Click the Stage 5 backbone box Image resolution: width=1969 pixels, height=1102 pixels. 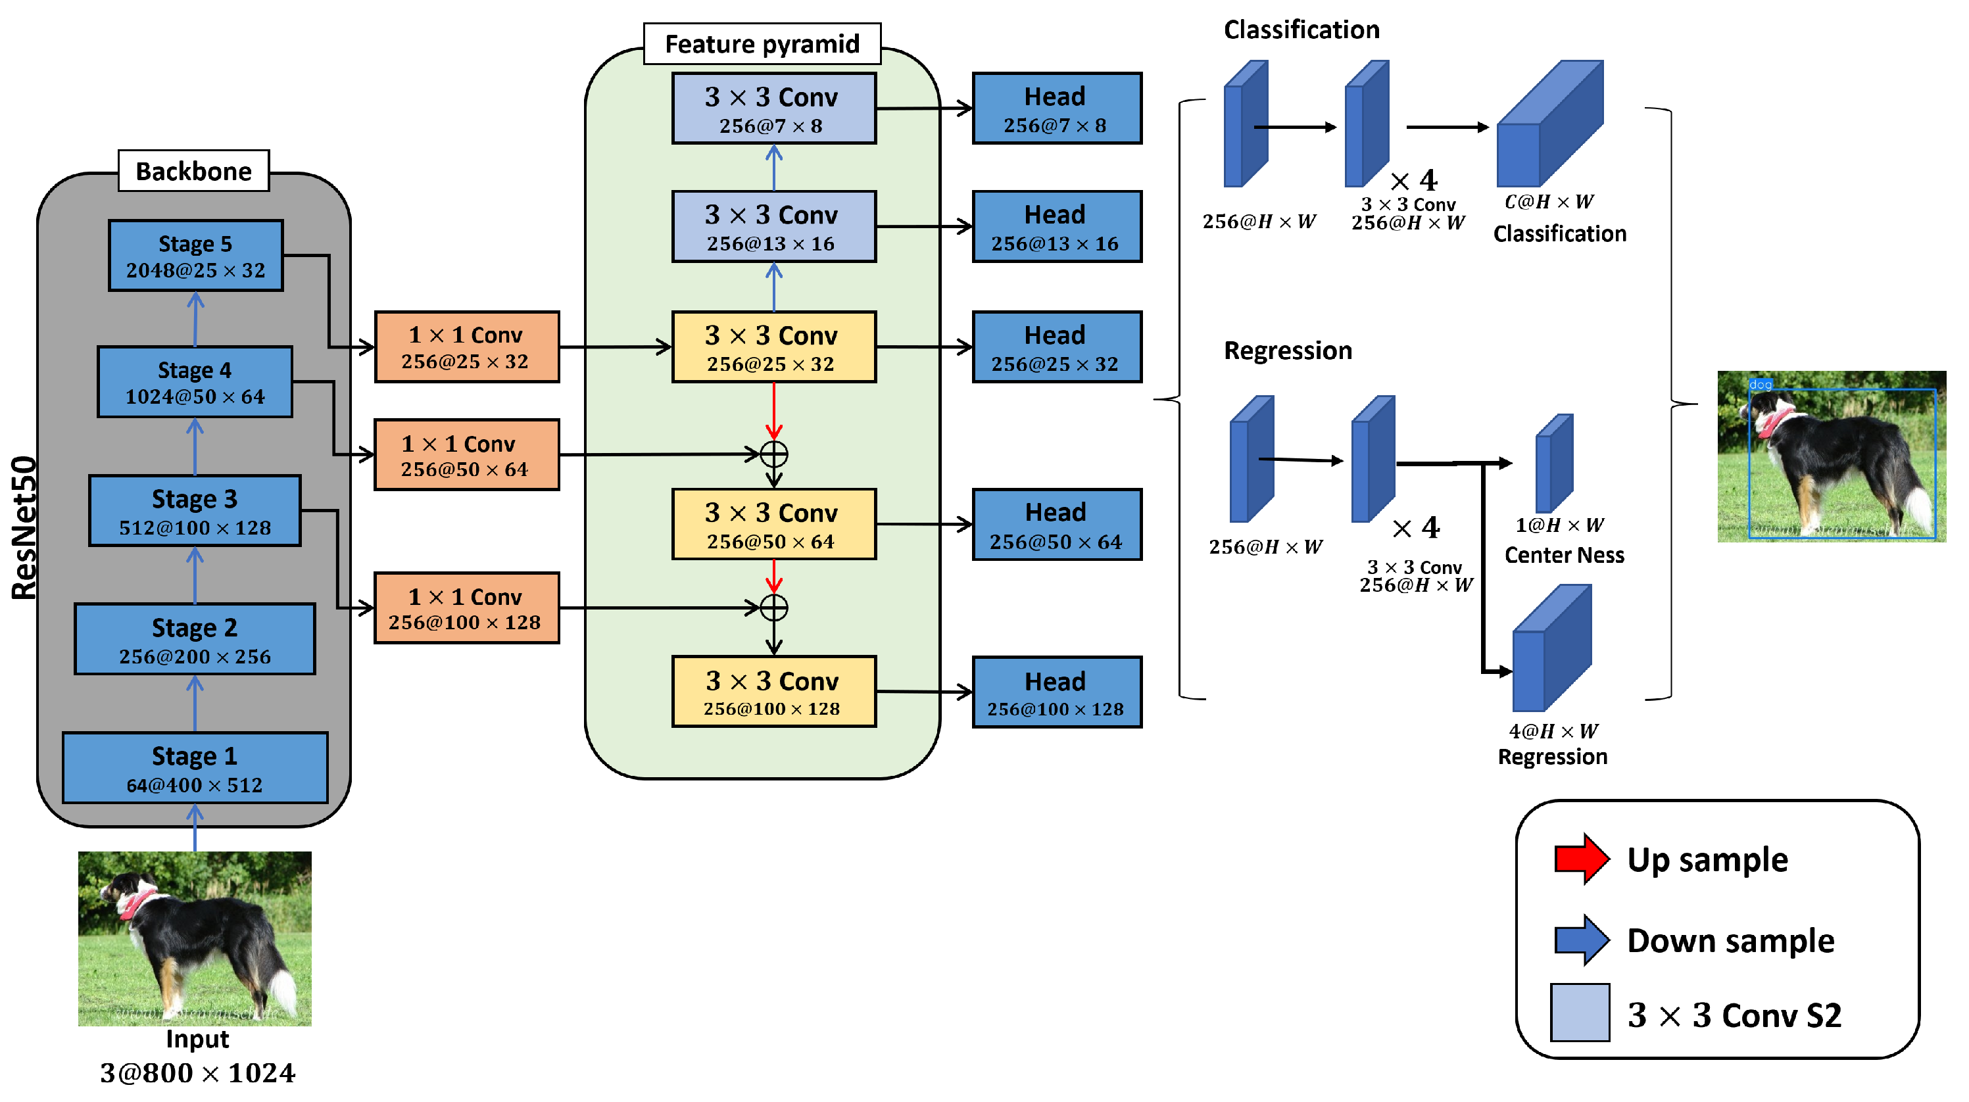click(196, 256)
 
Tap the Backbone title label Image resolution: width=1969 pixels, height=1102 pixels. click(193, 170)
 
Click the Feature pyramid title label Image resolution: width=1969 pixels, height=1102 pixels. click(762, 43)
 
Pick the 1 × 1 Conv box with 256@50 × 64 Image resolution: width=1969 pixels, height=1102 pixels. click(466, 455)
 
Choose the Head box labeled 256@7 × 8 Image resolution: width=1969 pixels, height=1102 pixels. click(1056, 108)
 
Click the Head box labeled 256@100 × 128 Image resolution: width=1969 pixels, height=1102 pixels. click(1056, 692)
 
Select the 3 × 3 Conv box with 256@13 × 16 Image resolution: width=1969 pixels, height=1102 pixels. click(773, 227)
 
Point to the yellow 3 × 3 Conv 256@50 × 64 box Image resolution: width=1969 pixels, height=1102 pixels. click(773, 525)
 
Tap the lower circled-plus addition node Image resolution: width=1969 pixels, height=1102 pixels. click(774, 608)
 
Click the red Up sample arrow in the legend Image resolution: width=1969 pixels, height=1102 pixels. click(1582, 859)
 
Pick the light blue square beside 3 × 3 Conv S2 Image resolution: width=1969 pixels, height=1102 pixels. click(1580, 1013)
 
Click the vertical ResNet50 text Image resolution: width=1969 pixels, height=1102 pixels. click(24, 527)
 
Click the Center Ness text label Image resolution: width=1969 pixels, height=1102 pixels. click(1564, 555)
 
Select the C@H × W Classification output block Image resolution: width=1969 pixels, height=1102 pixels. click(1549, 126)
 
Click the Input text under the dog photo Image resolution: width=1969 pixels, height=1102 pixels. click(197, 1040)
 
